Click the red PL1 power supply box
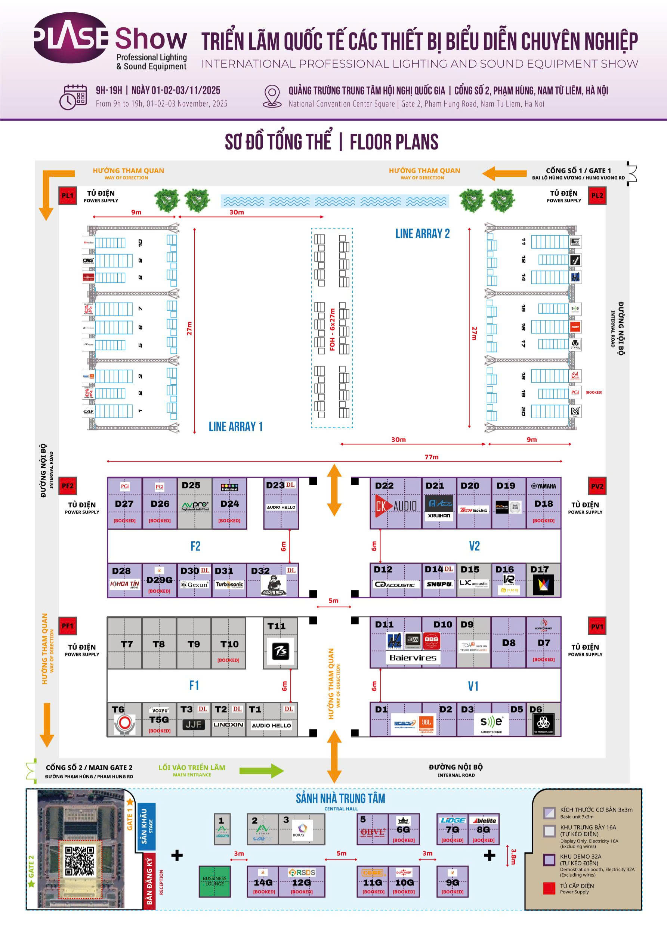[67, 196]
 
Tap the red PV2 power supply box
[597, 486]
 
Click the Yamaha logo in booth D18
[544, 486]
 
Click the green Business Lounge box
[214, 881]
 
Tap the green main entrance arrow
[261, 771]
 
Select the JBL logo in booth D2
[427, 723]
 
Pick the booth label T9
[194, 644]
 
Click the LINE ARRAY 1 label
[235, 427]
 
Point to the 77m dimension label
[432, 457]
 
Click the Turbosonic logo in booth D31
[229, 584]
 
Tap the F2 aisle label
[195, 546]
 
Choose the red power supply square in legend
[549, 888]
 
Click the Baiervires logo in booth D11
[413, 658]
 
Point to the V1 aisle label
[473, 686]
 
